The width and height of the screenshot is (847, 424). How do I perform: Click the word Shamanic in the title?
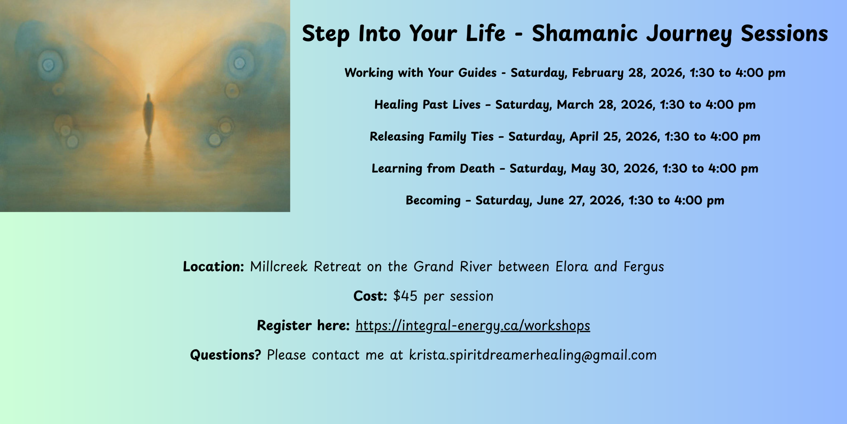click(585, 33)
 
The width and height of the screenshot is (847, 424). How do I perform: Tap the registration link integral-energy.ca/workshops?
click(473, 326)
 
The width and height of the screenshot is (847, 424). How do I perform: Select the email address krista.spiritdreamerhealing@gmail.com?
click(533, 355)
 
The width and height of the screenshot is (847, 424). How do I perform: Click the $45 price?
click(405, 296)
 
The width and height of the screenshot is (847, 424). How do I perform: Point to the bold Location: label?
click(213, 267)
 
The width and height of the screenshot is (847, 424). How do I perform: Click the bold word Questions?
click(226, 355)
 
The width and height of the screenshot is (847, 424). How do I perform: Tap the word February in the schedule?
click(598, 73)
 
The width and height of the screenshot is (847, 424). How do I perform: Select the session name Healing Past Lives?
click(427, 105)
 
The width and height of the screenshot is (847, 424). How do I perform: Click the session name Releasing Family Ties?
click(431, 136)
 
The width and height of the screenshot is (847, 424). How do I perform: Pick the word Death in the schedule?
click(477, 168)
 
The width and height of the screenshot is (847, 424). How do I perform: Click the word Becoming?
click(433, 200)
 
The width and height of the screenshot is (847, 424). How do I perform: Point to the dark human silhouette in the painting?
click(149, 116)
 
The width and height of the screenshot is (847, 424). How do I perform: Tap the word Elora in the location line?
click(572, 267)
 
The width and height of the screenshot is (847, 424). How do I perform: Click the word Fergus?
click(644, 267)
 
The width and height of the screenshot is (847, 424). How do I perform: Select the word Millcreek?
click(279, 267)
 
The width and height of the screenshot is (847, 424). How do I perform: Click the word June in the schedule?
click(550, 200)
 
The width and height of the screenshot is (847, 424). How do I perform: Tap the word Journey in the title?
click(689, 34)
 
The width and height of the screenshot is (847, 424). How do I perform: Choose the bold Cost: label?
click(370, 296)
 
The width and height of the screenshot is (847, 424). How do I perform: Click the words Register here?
click(303, 326)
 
